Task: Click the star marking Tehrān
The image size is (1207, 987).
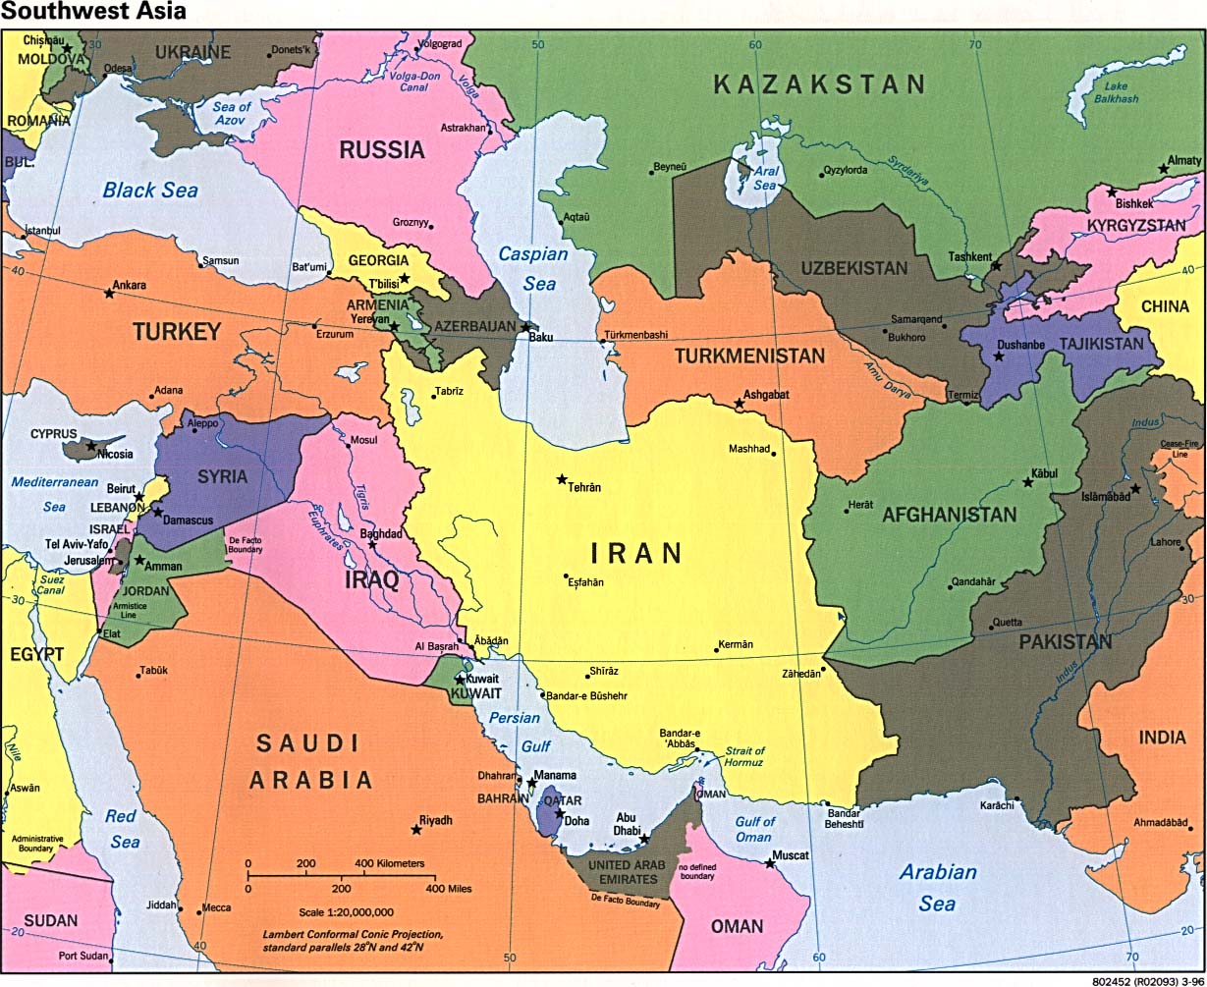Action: click(x=562, y=479)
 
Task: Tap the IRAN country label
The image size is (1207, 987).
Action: click(x=635, y=553)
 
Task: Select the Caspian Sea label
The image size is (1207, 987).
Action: click(x=533, y=268)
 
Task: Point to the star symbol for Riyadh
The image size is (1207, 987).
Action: click(x=416, y=831)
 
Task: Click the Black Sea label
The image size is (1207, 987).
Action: click(x=150, y=191)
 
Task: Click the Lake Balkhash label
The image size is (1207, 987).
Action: click(x=1117, y=93)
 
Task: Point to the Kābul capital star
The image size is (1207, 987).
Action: click(x=1028, y=482)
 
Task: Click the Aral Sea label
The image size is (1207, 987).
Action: click(x=764, y=177)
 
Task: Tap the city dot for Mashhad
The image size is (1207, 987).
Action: click(x=774, y=453)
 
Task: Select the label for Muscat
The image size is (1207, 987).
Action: click(x=791, y=855)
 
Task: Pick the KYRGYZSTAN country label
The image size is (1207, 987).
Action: click(x=1136, y=226)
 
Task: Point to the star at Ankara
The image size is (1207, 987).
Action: click(x=109, y=293)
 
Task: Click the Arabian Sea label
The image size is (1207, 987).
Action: click(x=939, y=887)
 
